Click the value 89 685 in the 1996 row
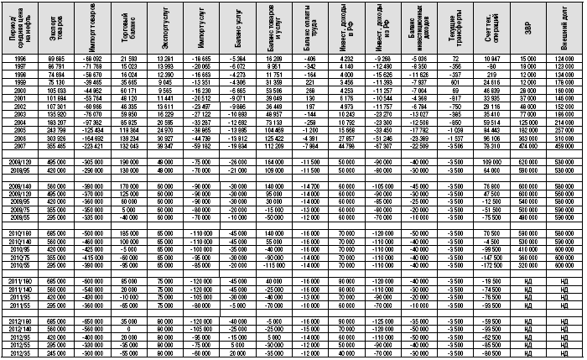tap(58, 57)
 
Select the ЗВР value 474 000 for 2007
tap(527, 143)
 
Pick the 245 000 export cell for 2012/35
tap(58, 352)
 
